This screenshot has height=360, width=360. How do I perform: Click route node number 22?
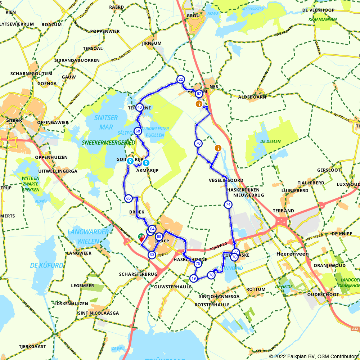(180, 79)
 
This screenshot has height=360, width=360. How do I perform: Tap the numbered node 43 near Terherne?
(140, 107)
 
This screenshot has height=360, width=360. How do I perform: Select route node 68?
(138, 131)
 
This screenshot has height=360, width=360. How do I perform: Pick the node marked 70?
(198, 144)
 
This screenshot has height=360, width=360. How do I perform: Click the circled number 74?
(228, 205)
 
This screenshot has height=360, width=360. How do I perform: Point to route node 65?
(128, 198)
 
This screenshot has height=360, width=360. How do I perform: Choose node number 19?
(194, 278)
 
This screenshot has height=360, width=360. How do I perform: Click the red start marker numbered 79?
(141, 237)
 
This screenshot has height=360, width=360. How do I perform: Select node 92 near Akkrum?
(199, 94)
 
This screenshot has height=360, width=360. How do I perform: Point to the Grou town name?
(193, 16)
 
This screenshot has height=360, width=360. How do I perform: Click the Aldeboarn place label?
(252, 97)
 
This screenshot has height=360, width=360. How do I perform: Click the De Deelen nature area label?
(270, 141)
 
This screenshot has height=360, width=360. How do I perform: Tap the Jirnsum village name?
(152, 43)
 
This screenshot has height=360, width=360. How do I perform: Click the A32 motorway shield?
(355, 329)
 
